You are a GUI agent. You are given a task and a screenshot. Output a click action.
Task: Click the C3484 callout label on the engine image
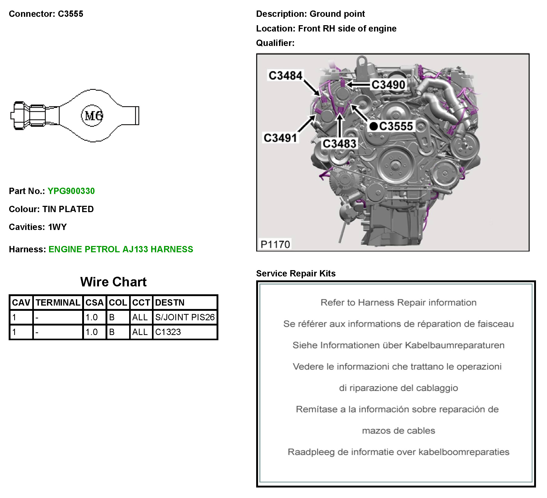pyautogui.click(x=285, y=75)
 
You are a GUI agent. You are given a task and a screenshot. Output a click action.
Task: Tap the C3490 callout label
pyautogui.click(x=388, y=85)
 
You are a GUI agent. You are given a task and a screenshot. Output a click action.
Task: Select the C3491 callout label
pyautogui.click(x=280, y=138)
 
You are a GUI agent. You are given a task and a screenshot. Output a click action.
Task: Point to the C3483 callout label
pyautogui.click(x=339, y=144)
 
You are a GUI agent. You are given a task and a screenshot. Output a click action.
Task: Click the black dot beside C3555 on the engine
pyautogui.click(x=374, y=126)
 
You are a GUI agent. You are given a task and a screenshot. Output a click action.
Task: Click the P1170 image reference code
pyautogui.click(x=275, y=244)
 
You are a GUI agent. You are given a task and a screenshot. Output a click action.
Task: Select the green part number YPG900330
pyautogui.click(x=71, y=191)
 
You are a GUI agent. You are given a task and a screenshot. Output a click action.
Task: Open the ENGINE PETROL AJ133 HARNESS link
pyautogui.click(x=121, y=249)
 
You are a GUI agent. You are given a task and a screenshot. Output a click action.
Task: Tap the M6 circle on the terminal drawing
pyautogui.click(x=92, y=116)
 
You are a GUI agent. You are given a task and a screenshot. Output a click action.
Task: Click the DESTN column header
pyautogui.click(x=170, y=303)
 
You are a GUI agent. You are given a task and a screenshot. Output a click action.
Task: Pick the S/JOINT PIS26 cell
pyautogui.click(x=185, y=317)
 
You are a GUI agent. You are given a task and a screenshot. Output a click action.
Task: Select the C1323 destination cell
pyautogui.click(x=168, y=332)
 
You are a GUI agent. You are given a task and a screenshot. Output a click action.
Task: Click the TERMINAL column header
pyautogui.click(x=58, y=303)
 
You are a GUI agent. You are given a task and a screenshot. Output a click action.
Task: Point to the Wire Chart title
pyautogui.click(x=113, y=282)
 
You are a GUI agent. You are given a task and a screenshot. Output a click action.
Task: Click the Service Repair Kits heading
pyautogui.click(x=296, y=273)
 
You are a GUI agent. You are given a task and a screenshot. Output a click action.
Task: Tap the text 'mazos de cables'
pyautogui.click(x=399, y=431)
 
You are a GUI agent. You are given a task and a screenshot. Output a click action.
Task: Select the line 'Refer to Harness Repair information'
pyautogui.click(x=399, y=302)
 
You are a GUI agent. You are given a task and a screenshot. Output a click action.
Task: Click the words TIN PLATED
pyautogui.click(x=68, y=209)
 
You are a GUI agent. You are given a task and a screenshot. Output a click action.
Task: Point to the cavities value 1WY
pyautogui.click(x=57, y=227)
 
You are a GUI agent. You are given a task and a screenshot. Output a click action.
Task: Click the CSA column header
pyautogui.click(x=94, y=303)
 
